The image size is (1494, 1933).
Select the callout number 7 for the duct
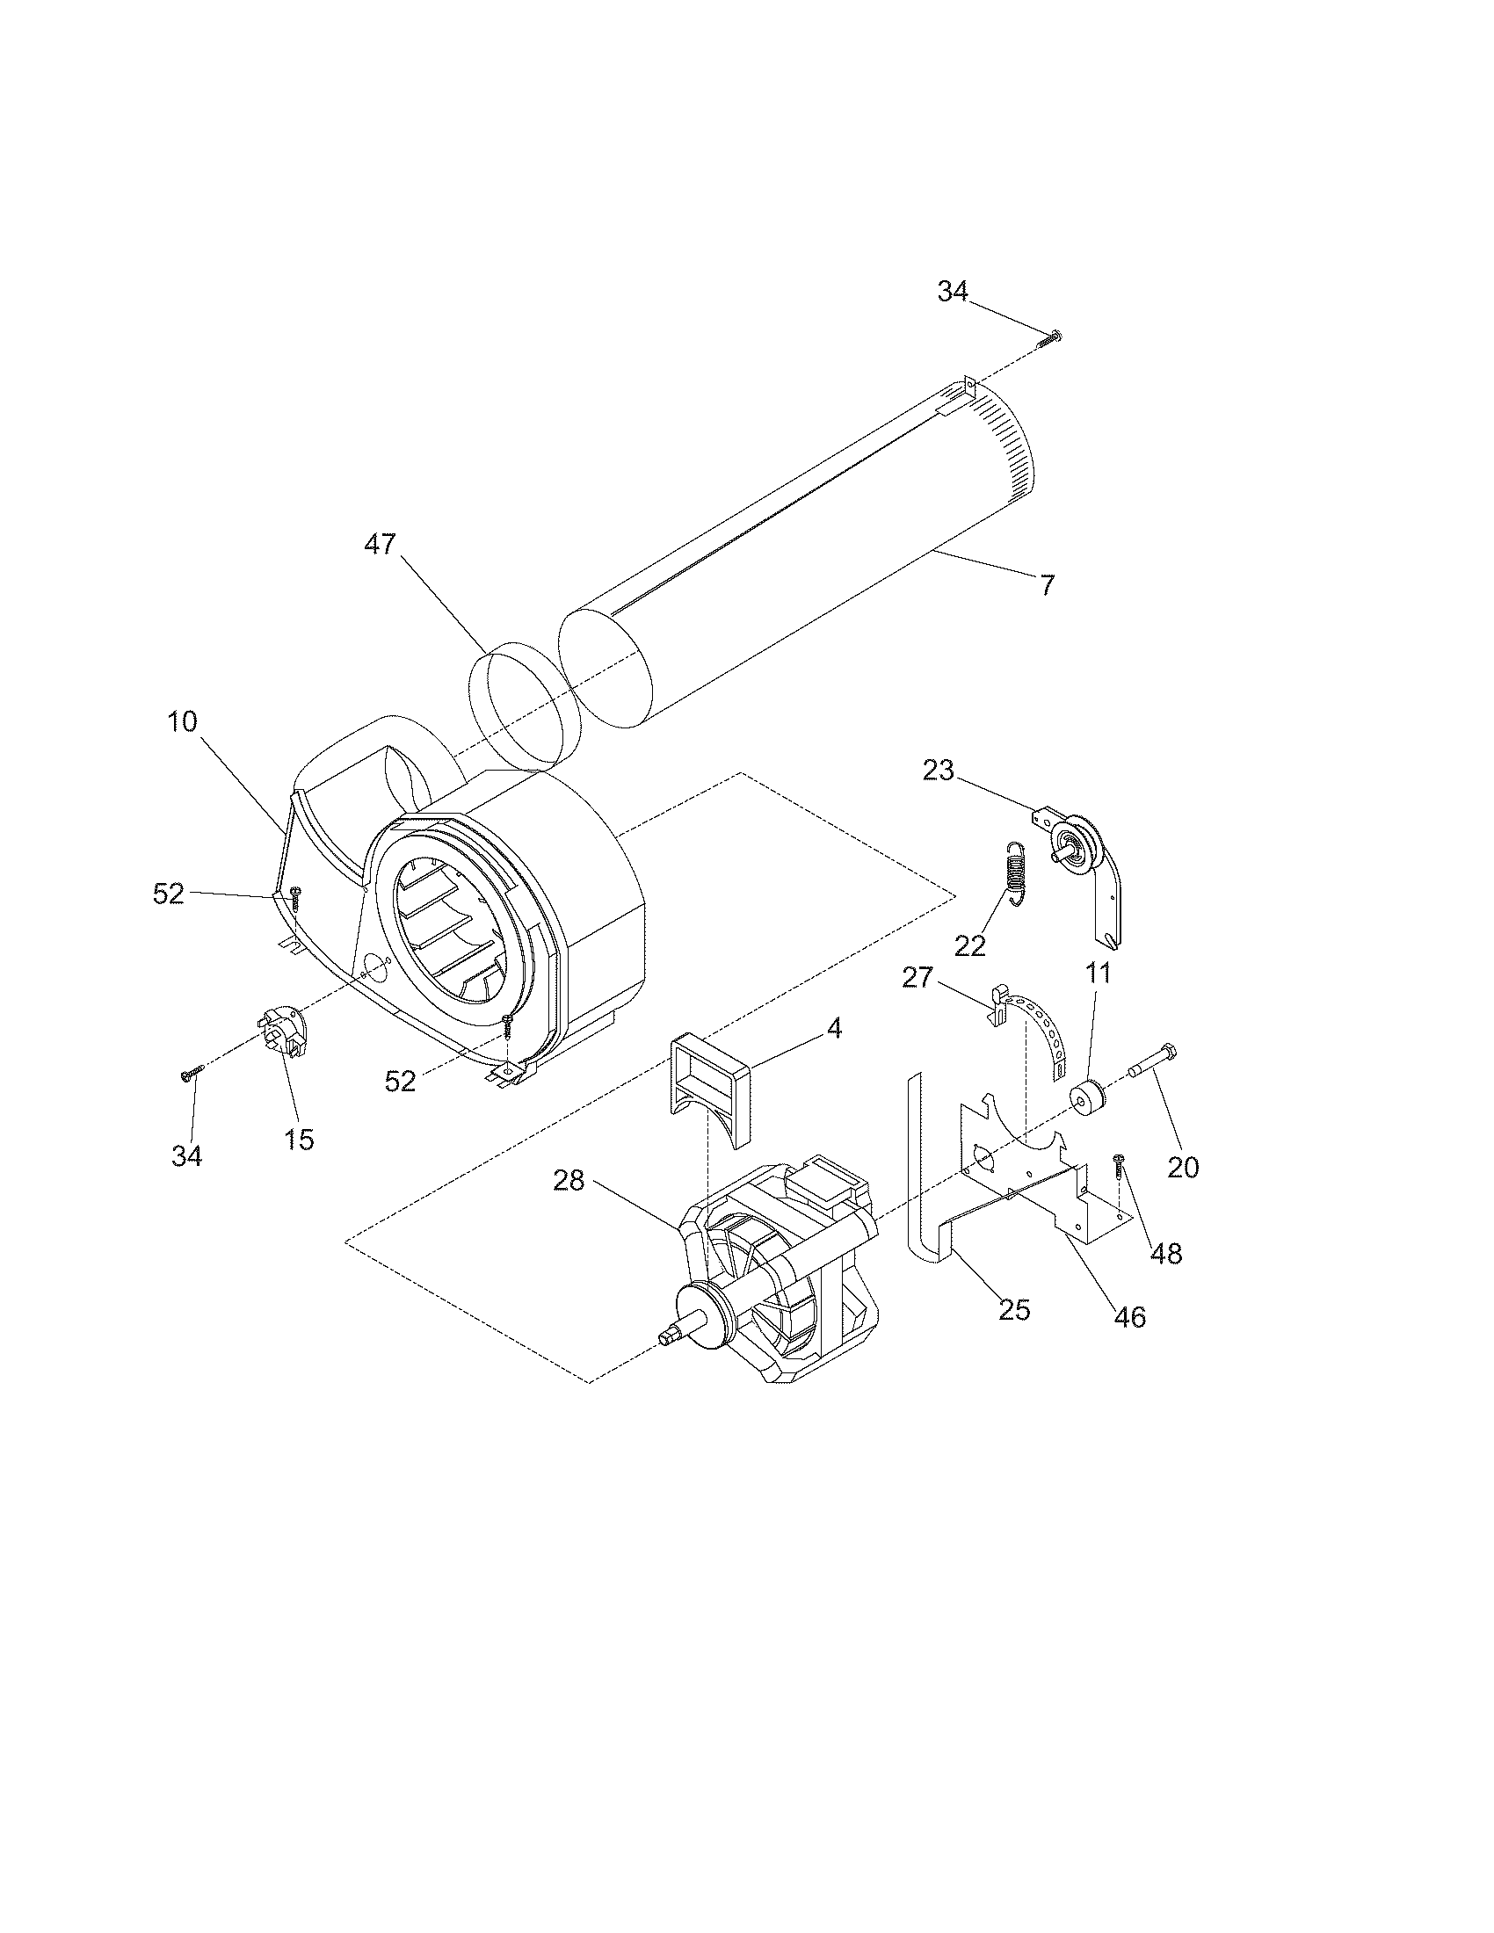pyautogui.click(x=1047, y=585)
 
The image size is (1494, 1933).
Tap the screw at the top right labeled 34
pyautogui.click(x=1051, y=336)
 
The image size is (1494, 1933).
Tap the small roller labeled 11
pyautogui.click(x=1088, y=1099)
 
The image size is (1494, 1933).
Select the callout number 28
pyautogui.click(x=569, y=1180)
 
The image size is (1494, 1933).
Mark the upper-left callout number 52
pyautogui.click(x=168, y=894)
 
